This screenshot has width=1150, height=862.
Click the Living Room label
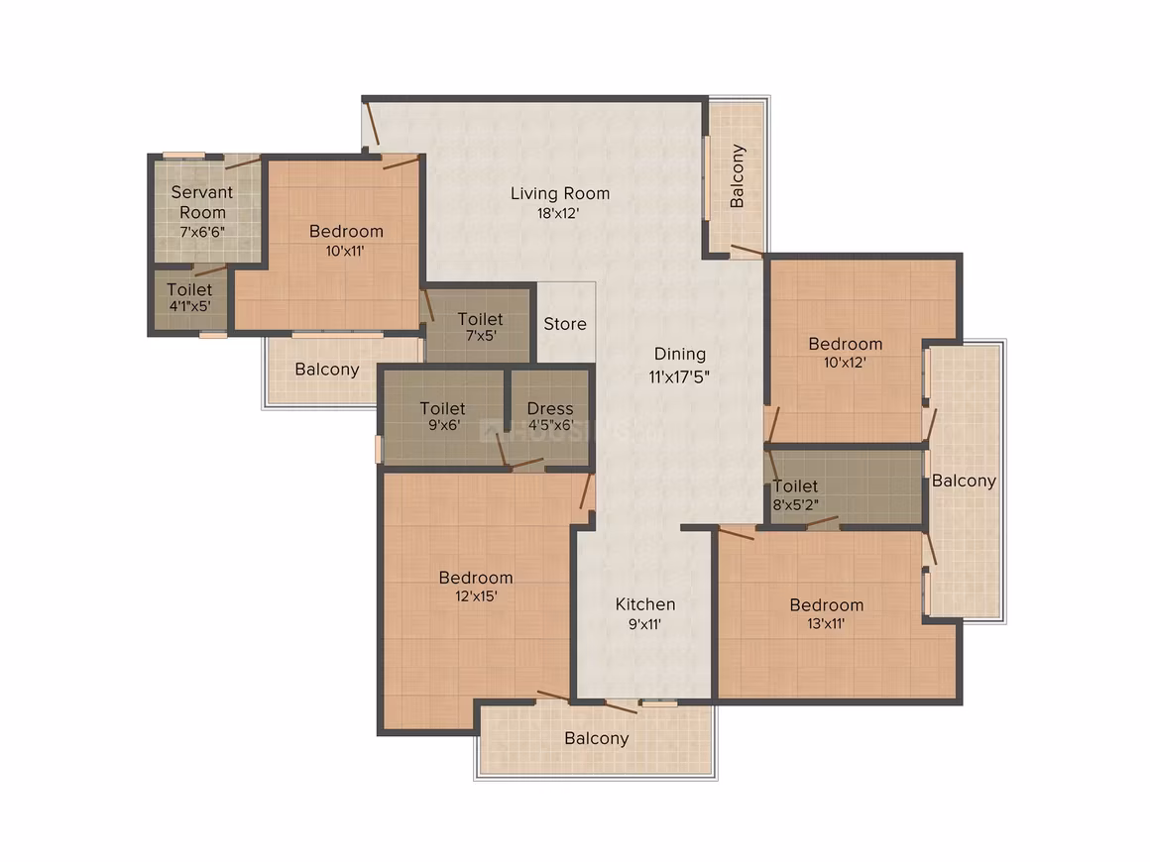pos(560,193)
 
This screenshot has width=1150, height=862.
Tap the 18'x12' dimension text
pos(558,213)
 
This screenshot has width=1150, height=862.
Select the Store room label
pos(565,324)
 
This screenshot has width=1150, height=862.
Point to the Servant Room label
pos(202,202)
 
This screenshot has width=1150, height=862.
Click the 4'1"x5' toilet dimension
pos(190,306)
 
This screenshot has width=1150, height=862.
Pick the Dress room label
pos(550,408)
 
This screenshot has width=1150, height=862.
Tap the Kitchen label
pos(645,604)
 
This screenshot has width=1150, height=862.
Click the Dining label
pos(680,355)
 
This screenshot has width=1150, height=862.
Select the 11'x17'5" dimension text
pos(679,377)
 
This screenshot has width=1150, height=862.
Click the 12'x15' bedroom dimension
pos(476,595)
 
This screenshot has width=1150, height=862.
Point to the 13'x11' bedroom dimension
pos(826,624)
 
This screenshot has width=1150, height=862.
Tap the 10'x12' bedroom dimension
pos(845,362)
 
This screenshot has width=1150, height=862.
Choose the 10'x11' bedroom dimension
pos(345,251)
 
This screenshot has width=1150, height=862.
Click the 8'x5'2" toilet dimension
pos(796,505)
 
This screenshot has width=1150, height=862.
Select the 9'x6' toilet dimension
pos(444,425)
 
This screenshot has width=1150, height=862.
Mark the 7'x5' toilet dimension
pos(481,336)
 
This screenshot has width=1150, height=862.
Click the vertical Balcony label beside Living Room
pos(737,176)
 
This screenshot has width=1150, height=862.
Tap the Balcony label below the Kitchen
pos(596,739)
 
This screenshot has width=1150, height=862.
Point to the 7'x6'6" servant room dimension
pos(202,232)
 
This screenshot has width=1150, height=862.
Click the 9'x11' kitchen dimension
pos(644,624)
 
